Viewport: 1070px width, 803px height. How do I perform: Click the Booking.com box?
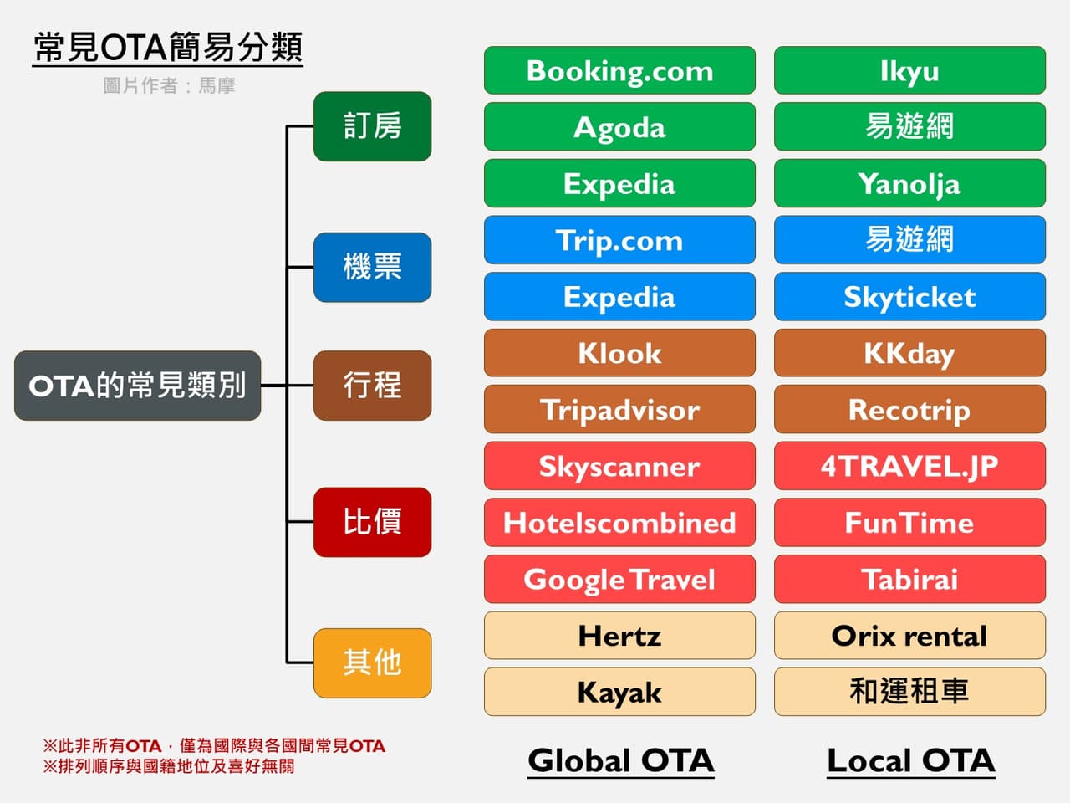(619, 70)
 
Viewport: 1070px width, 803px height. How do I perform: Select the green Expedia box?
(619, 183)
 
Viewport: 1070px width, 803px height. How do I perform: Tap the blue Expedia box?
(619, 296)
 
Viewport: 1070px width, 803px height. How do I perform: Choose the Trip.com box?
(619, 240)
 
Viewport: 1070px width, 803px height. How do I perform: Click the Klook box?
(619, 353)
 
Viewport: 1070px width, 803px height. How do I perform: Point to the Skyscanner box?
(619, 466)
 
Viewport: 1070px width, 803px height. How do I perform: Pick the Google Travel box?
(619, 579)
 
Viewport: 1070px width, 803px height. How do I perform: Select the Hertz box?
(619, 636)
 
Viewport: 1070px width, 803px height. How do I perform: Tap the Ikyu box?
(909, 70)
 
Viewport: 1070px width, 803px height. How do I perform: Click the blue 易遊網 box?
(909, 240)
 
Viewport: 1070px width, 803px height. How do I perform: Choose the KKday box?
(909, 353)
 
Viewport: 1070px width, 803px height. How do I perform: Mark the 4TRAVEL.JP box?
(909, 466)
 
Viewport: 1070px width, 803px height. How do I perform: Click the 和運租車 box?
(909, 692)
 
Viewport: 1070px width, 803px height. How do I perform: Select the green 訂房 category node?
(372, 126)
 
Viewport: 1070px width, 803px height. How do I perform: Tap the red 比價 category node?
(372, 522)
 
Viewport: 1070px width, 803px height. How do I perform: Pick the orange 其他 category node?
(372, 662)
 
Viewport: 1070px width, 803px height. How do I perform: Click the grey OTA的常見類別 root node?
(138, 386)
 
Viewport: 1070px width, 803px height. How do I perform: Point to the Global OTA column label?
(620, 760)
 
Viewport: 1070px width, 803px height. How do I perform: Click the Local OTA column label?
(910, 760)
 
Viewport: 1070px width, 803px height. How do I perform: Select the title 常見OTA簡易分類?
(168, 47)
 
